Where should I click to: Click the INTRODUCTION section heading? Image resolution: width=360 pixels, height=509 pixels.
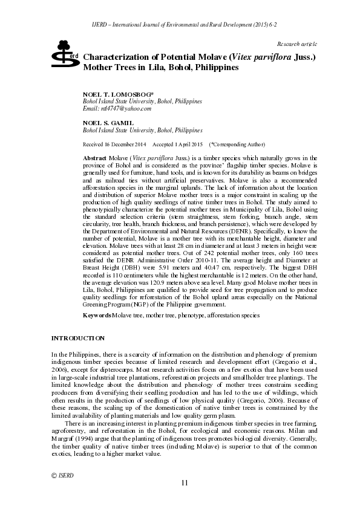click(78, 338)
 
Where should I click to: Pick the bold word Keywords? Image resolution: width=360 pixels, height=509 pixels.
click(96, 316)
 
